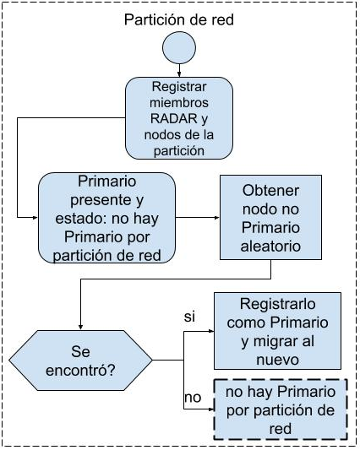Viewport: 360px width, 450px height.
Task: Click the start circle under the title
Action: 179,47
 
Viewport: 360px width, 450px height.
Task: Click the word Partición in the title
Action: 150,19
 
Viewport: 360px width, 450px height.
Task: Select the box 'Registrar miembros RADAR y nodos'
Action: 179,118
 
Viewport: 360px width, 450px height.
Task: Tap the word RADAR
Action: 174,118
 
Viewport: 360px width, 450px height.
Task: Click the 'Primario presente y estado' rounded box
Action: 106,218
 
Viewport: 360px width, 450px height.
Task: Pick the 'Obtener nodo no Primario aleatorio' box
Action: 270,217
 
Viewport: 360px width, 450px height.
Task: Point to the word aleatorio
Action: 270,246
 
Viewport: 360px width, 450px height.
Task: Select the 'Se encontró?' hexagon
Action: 81,361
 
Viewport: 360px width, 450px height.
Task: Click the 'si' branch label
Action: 189,317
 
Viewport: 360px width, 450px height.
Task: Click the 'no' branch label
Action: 193,398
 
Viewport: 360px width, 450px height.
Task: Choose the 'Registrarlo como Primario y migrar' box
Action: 277,331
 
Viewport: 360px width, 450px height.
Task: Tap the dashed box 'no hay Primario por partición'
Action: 281,409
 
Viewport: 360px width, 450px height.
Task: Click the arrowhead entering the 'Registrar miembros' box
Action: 179,74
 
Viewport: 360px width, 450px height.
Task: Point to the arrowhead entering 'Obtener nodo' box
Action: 217,218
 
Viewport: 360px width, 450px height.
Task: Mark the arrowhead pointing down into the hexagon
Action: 81,328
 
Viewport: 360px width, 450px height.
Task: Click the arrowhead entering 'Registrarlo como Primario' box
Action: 211,331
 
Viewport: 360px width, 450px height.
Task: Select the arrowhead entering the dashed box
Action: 211,409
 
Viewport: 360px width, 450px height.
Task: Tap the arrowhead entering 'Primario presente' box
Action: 35,218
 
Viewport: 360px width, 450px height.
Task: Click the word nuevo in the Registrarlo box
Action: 277,360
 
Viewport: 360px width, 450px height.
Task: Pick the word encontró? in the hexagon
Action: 80,371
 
